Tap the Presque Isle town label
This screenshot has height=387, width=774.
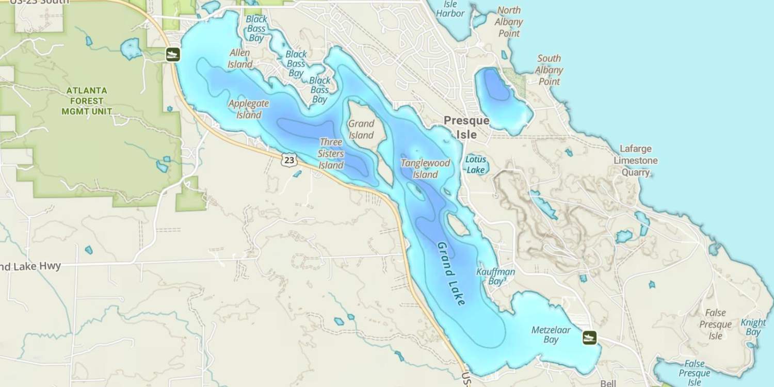pos(466,127)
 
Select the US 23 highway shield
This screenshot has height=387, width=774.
pos(289,160)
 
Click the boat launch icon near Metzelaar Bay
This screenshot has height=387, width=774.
pos(589,338)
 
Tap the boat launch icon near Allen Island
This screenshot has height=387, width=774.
pos(173,54)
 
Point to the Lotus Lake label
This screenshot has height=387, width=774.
pos(475,164)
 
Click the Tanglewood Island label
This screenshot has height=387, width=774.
pos(426,169)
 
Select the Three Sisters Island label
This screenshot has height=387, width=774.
pos(331,154)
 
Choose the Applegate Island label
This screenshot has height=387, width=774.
pos(249,109)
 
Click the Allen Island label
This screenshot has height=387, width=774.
pos(240,58)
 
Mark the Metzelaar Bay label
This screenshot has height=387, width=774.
pos(551,334)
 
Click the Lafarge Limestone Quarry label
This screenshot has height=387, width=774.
pos(635,160)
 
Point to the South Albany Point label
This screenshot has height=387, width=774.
pos(549,70)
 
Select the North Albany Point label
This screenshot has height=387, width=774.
pos(509,22)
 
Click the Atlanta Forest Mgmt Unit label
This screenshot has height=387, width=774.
pos(87,101)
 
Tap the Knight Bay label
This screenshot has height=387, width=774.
pos(753,327)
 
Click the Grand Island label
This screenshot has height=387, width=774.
pos(361,130)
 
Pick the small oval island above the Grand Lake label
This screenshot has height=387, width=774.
pos(458,224)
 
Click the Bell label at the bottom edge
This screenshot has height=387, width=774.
pos(608,383)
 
